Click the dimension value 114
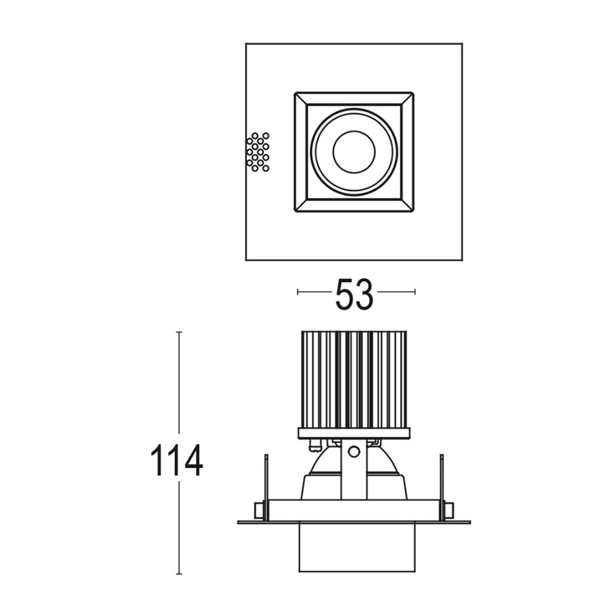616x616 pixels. (x=177, y=461)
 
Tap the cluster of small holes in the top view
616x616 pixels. (x=257, y=152)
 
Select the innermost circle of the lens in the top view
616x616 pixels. (x=354, y=152)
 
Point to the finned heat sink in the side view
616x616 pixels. (x=354, y=379)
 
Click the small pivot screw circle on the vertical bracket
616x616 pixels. (x=354, y=452)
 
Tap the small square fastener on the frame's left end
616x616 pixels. (x=259, y=510)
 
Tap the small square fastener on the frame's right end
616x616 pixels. (x=448, y=510)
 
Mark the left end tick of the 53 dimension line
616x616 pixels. (x=298, y=291)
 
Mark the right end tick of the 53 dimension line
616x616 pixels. (x=415, y=291)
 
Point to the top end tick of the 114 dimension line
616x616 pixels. (x=179, y=332)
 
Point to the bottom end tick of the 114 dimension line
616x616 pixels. (x=179, y=573)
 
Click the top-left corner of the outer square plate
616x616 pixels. (x=246, y=44)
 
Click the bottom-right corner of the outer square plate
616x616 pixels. (x=462, y=260)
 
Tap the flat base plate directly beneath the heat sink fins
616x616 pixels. (x=354, y=433)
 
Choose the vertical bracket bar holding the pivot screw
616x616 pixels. (x=354, y=474)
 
